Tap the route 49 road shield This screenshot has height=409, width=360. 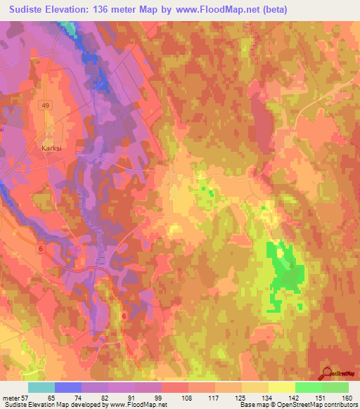(x=45, y=105)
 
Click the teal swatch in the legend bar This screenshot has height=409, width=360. (x=41, y=388)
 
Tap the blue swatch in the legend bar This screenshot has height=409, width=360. (x=68, y=388)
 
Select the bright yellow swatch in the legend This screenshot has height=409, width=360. (x=281, y=388)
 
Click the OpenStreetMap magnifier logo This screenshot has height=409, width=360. (x=326, y=372)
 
